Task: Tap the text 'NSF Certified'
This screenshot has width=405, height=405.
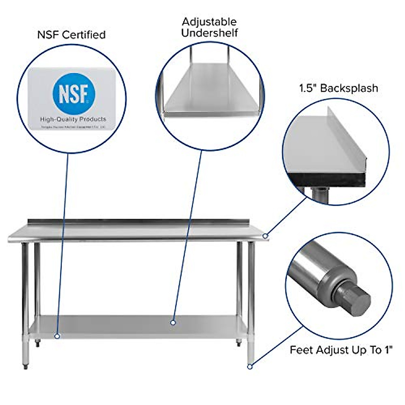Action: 71,35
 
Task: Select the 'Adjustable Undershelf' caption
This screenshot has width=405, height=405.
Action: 209,27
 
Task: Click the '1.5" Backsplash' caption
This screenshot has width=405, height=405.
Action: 339,88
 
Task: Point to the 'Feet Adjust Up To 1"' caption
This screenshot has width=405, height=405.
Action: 341,350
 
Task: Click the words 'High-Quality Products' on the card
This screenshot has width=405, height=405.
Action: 73,119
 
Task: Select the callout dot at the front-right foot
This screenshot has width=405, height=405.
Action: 250,366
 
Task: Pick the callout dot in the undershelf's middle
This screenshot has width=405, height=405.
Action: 173,323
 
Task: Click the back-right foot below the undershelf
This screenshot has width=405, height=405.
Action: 239,343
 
